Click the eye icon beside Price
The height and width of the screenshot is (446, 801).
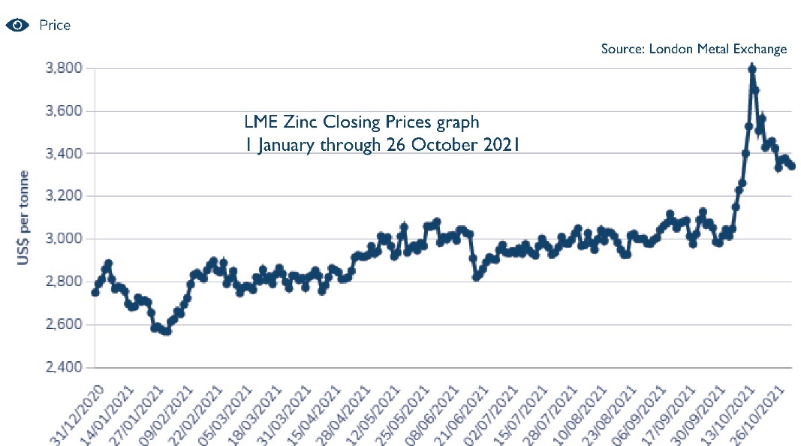click(17, 25)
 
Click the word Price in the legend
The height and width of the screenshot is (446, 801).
click(54, 26)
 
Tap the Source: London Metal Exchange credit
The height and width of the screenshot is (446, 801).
click(694, 49)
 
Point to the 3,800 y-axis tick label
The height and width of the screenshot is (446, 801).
click(64, 68)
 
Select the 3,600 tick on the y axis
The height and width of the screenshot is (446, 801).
click(64, 111)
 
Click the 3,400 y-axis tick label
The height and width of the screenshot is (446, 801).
click(64, 154)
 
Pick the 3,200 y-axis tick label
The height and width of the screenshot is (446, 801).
click(64, 197)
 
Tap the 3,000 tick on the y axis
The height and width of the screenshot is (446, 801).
click(64, 240)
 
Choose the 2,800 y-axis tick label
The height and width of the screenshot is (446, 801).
click(64, 282)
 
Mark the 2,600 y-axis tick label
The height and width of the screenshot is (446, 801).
click(64, 325)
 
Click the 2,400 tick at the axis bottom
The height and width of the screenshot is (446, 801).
click(64, 368)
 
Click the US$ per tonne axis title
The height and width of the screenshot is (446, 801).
click(23, 218)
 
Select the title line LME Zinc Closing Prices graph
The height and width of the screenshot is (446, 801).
click(361, 121)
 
